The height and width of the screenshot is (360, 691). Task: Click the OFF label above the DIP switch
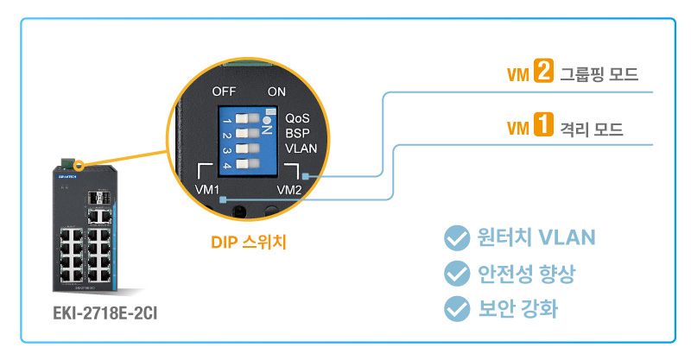225,91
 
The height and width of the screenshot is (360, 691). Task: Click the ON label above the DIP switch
276,91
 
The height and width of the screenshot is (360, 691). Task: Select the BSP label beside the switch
297,132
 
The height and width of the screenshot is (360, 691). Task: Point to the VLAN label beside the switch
301,148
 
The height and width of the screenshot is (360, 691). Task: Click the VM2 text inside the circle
288,188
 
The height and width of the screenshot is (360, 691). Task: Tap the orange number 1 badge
543,129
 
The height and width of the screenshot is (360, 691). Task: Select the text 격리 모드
592,129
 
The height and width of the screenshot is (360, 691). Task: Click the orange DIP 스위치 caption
249,243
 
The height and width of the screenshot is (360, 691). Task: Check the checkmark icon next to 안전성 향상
454,274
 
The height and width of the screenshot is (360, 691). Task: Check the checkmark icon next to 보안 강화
454,308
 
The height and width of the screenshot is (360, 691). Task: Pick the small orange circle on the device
79,164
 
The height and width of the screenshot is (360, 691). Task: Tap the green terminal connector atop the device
67,161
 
